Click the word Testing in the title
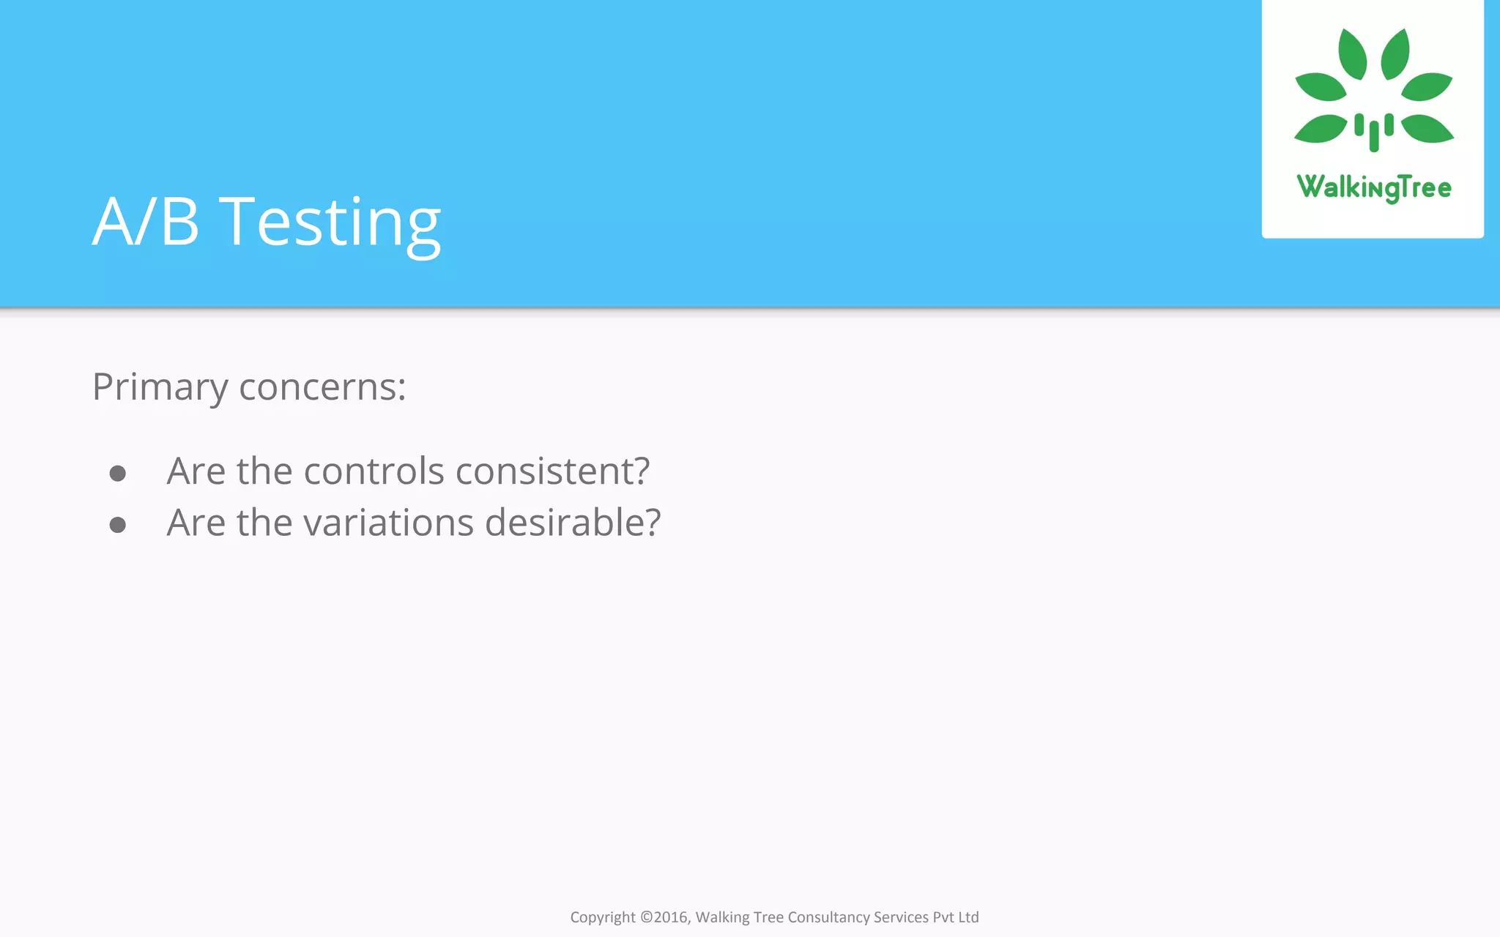(x=330, y=223)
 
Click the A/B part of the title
(x=146, y=223)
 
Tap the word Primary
(x=160, y=388)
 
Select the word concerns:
(x=322, y=388)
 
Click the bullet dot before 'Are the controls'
(x=118, y=474)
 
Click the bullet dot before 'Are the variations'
(x=118, y=525)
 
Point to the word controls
(x=374, y=471)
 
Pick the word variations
(x=389, y=523)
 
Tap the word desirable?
(x=573, y=523)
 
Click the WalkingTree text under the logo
(x=1374, y=188)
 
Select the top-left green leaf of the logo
(x=1352, y=54)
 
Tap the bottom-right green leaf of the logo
(x=1426, y=129)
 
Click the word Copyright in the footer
(x=603, y=917)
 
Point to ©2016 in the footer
(x=665, y=917)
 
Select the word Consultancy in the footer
(x=828, y=917)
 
